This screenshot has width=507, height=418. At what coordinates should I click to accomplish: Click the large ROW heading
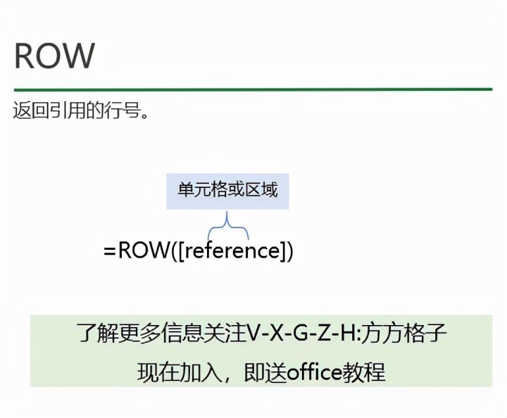[x=54, y=56]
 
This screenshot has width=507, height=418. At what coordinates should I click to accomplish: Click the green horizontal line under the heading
[x=253, y=89]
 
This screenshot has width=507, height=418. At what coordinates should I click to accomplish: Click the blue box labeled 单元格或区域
[x=227, y=189]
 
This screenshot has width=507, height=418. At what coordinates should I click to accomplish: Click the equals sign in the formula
[x=110, y=251]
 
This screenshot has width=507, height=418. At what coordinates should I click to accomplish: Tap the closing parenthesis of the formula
[x=289, y=251]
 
